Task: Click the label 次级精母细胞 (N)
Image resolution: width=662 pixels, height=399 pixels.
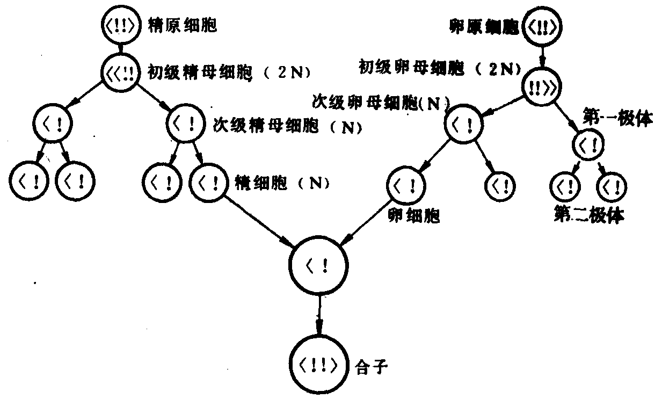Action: (x=284, y=128)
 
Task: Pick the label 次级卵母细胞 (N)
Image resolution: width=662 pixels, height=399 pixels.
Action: (x=381, y=103)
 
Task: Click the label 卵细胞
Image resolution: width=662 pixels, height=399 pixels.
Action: (x=413, y=216)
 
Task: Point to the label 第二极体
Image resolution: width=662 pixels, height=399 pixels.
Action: (x=588, y=215)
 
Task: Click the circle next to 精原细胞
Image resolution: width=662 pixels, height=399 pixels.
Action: (x=121, y=26)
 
